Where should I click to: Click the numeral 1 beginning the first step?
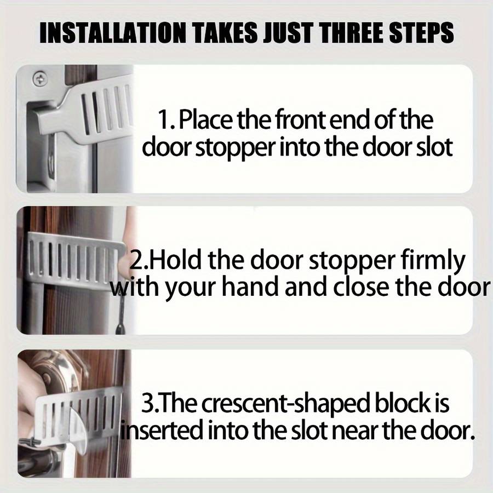pyautogui.click(x=163, y=120)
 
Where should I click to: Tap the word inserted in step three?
pyautogui.click(x=162, y=431)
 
